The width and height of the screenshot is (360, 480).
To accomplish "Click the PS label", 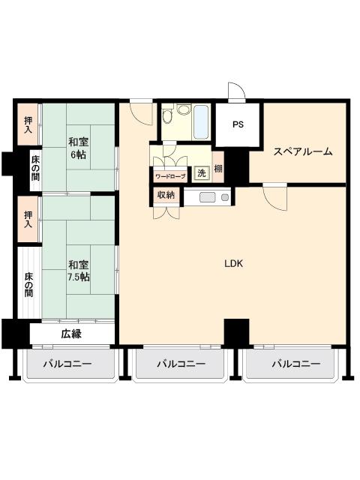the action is (x=238, y=124).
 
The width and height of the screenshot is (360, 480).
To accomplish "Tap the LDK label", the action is (x=234, y=263).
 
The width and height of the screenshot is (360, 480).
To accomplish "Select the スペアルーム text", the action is (x=303, y=151).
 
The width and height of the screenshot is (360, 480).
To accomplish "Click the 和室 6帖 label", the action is (x=78, y=148).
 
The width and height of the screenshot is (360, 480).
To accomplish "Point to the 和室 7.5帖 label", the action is (x=79, y=271).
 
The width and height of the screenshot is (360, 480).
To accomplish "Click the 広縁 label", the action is (x=71, y=334).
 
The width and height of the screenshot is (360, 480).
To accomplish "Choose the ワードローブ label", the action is (x=170, y=177).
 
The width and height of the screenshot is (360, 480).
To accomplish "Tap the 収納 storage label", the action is (x=166, y=195).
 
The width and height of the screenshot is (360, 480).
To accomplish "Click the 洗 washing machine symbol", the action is (x=202, y=173).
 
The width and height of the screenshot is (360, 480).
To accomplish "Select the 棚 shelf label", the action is (x=218, y=169).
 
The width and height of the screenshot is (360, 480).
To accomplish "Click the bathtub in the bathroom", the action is (x=201, y=122).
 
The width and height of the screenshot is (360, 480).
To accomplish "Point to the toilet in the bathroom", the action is (x=167, y=115).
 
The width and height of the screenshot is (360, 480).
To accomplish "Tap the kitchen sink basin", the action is (x=208, y=197).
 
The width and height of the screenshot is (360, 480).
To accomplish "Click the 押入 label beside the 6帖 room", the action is (x=28, y=124).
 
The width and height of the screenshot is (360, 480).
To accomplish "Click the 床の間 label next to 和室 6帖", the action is (x=35, y=168).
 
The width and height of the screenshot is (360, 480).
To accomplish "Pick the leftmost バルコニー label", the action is (x=67, y=364).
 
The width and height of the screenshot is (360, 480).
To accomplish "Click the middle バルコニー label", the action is (x=181, y=364).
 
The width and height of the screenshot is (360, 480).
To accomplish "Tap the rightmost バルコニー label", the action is (x=296, y=364).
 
